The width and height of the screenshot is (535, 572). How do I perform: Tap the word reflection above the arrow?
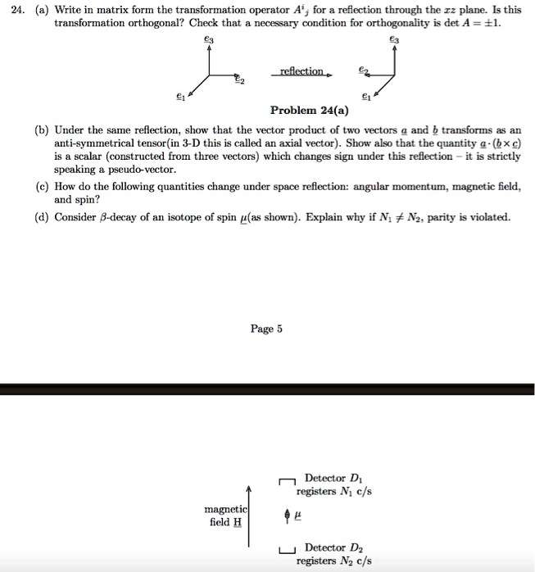[x=302, y=71]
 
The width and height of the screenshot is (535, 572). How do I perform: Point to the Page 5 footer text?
[x=267, y=329]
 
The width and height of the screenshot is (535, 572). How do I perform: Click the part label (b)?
[x=41, y=130]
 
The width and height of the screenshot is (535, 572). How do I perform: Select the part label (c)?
[x=41, y=186]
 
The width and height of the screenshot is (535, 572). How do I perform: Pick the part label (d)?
[x=41, y=217]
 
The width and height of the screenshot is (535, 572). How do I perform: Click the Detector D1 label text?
[x=333, y=478]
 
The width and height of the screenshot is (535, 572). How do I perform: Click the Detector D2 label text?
[x=334, y=547]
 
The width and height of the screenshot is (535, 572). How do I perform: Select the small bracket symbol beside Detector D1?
[x=286, y=483]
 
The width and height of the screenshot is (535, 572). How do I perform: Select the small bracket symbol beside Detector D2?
[x=286, y=548]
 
